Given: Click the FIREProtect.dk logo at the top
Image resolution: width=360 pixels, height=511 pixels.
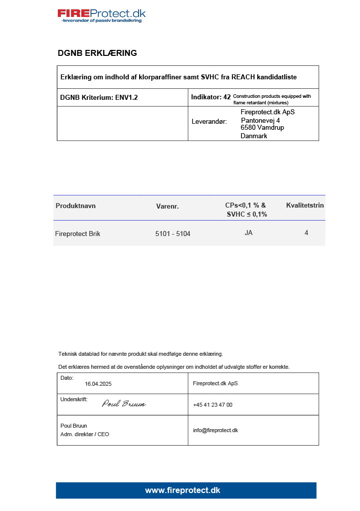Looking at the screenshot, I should click(102, 15).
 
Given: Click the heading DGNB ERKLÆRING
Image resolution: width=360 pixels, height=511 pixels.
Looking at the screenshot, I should click(97, 53).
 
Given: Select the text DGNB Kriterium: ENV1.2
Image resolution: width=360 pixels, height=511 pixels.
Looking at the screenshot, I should click(99, 97).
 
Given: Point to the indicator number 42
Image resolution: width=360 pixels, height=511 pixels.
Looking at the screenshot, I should click(227, 97).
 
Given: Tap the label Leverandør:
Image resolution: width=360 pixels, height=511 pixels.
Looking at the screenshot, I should click(209, 121).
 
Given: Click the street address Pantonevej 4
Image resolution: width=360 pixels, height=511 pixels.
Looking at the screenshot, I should click(260, 120).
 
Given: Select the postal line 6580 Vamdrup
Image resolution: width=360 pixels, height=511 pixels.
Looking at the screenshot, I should click(262, 127).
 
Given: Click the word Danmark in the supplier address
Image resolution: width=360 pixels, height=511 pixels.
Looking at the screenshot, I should click(254, 136).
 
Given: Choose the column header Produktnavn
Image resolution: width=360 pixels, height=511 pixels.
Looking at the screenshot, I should click(76, 206).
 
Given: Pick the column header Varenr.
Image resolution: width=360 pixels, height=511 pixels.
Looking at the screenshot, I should click(167, 206).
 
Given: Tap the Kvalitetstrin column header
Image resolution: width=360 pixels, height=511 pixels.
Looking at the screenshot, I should click(305, 205).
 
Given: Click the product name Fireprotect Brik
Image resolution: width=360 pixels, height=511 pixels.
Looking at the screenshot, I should click(77, 234).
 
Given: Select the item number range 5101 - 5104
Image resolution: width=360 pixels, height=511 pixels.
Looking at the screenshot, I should click(173, 234).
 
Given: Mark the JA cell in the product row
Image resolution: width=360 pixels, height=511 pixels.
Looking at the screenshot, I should click(248, 233).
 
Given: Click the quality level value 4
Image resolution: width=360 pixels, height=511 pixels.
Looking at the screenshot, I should click(306, 233).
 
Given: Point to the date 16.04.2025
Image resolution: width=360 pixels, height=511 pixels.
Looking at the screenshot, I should click(98, 384).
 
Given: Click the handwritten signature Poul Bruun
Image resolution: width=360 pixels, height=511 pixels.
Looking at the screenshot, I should click(124, 404).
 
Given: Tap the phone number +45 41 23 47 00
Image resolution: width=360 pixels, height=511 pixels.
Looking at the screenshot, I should click(212, 405).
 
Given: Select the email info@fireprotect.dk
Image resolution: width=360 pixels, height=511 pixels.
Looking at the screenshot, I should click(215, 430).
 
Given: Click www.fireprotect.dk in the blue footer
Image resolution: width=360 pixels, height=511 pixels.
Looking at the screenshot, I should click(182, 491).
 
